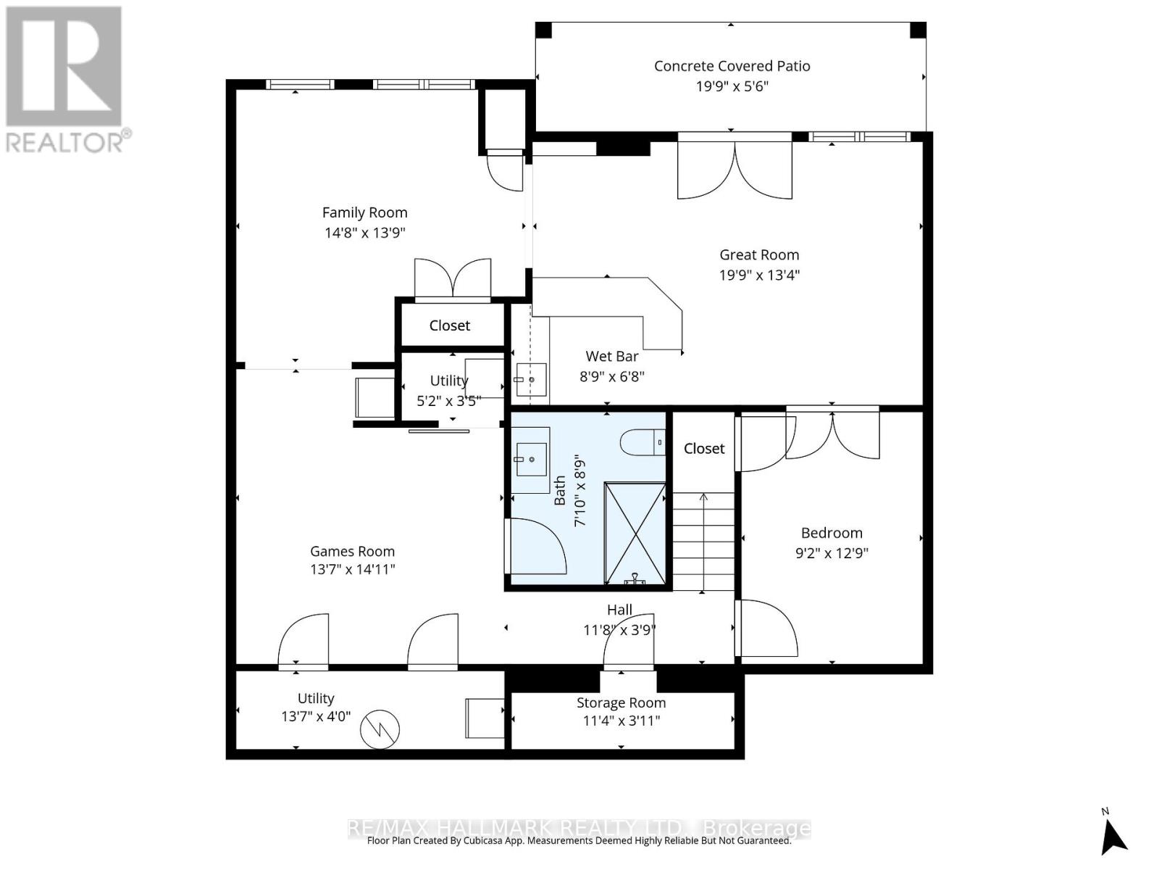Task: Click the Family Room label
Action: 364,212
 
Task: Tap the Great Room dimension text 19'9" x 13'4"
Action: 759,275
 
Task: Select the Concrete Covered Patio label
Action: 732,66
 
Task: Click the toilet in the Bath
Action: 642,442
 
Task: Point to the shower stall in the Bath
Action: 635,533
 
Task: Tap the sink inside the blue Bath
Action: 530,460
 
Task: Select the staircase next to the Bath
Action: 703,541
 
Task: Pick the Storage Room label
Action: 621,703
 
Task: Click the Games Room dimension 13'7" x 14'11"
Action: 353,569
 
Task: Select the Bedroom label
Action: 832,533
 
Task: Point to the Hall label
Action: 619,610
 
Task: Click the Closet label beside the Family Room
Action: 450,326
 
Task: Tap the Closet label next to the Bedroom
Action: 704,449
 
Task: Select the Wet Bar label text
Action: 612,356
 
